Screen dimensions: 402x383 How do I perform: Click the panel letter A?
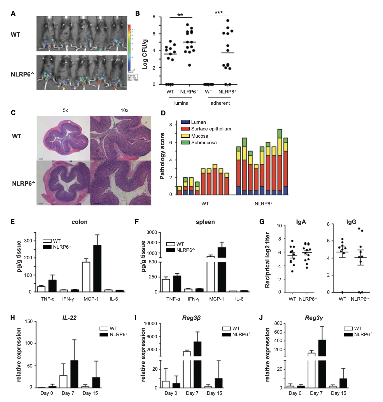13,13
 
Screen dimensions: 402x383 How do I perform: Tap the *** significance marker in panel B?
218,13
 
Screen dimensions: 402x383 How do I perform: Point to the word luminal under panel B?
182,103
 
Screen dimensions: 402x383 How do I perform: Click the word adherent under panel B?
220,103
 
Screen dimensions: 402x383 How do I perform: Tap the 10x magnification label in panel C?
124,110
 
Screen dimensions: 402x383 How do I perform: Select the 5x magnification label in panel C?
65,110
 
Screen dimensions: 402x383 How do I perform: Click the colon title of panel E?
79,222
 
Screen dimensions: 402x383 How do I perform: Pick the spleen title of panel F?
205,222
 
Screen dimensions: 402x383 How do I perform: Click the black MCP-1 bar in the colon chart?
97,268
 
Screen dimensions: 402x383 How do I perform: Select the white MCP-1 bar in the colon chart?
86,277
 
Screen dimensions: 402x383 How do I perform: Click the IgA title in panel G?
301,222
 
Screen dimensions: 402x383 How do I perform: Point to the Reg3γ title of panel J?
314,318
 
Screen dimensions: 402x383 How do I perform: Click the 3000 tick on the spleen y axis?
152,232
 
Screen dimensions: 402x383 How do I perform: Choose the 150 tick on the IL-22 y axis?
29,321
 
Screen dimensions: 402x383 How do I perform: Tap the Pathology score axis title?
162,156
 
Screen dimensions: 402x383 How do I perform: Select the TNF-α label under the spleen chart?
173,299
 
